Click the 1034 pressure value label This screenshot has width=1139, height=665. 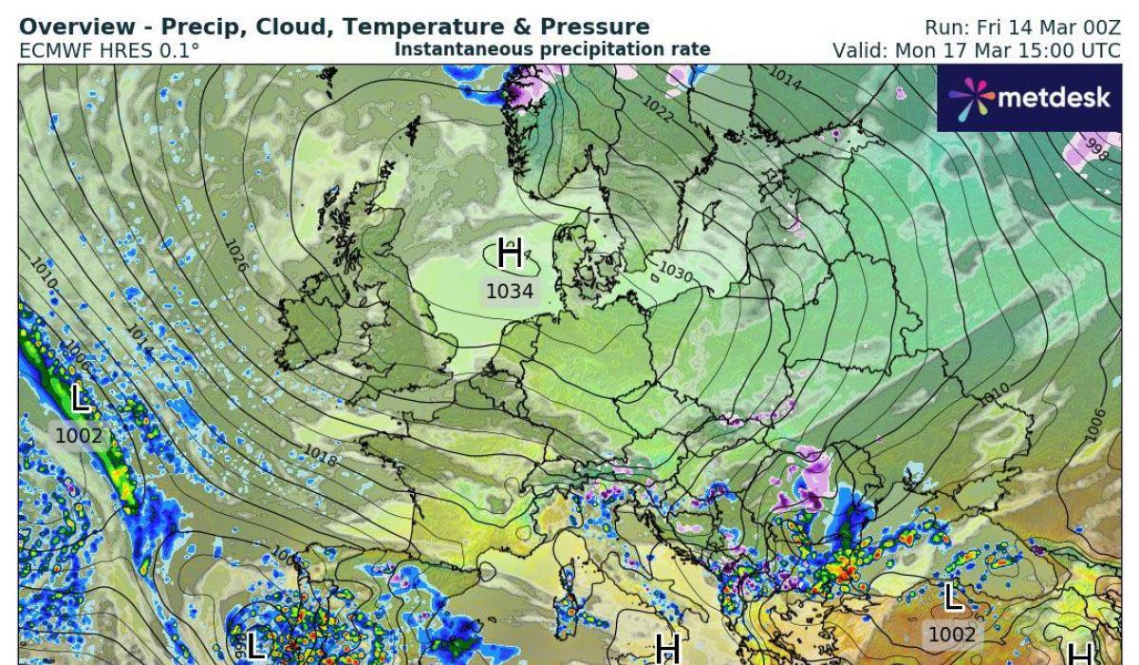(x=510, y=292)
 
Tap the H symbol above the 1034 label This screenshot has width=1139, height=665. (x=510, y=254)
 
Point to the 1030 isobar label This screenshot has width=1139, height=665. (x=675, y=273)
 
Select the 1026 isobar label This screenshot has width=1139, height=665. (x=237, y=256)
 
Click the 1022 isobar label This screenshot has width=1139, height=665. (x=657, y=106)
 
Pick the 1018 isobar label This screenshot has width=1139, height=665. (x=321, y=456)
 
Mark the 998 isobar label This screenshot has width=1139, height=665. (x=1096, y=148)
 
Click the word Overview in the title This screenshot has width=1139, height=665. (x=72, y=27)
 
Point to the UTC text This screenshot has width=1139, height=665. (x=1101, y=49)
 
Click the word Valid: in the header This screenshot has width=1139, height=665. (x=860, y=49)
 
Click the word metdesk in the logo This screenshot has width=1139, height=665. (x=1054, y=97)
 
